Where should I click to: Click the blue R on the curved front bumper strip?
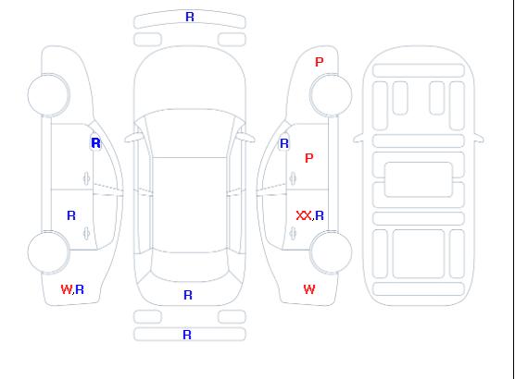tap(190, 17)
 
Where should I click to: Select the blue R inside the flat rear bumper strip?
tap(187, 335)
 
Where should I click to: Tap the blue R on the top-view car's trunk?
tap(188, 295)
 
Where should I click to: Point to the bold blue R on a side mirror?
tap(95, 143)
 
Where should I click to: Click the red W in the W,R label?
tap(66, 289)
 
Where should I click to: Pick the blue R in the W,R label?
tap(80, 289)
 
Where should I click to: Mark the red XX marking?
tap(304, 215)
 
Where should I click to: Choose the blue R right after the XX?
tap(320, 215)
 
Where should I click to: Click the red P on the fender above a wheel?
tap(320, 62)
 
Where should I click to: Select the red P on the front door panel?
tap(309, 158)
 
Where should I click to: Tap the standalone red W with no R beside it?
tap(309, 289)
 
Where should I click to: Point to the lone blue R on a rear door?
tap(71, 215)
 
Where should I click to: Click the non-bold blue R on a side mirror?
tap(284, 143)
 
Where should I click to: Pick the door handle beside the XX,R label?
tap(293, 234)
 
